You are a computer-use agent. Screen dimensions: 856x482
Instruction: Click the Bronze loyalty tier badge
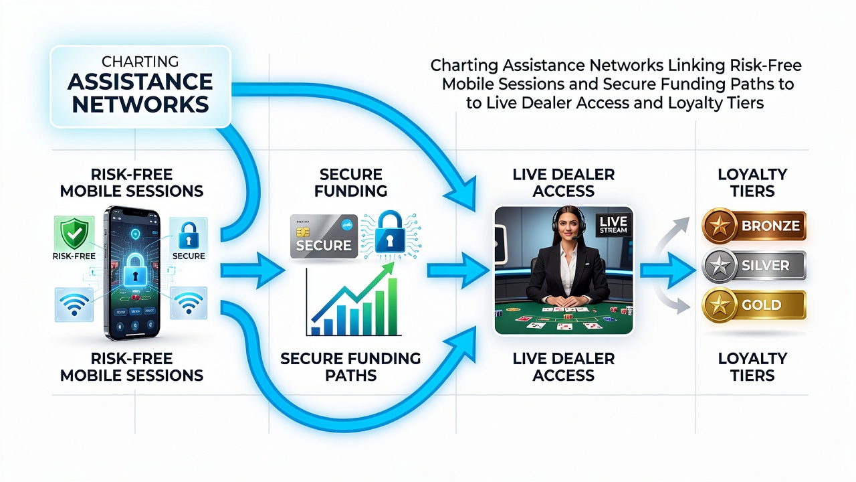pyautogui.click(x=754, y=226)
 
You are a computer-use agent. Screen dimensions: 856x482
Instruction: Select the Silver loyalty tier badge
pyautogui.click(x=754, y=265)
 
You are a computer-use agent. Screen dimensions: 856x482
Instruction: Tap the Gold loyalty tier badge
pyautogui.click(x=754, y=305)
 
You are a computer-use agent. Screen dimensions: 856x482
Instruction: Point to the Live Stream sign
pyautogui.click(x=613, y=224)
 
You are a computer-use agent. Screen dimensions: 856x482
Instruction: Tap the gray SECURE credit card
pyautogui.click(x=324, y=236)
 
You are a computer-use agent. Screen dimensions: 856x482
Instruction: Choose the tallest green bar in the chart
pyautogui.click(x=392, y=306)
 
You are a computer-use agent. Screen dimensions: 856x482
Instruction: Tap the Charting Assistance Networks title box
pyautogui.click(x=140, y=86)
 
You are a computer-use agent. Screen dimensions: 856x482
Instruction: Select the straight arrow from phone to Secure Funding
pyautogui.click(x=253, y=271)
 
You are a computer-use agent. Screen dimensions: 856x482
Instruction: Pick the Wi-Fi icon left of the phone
pyautogui.click(x=74, y=305)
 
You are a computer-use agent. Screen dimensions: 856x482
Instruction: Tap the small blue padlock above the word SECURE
pyautogui.click(x=188, y=236)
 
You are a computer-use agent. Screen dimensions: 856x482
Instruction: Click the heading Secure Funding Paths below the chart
pyautogui.click(x=350, y=367)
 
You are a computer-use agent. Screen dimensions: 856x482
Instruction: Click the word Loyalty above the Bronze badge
pyautogui.click(x=752, y=175)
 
